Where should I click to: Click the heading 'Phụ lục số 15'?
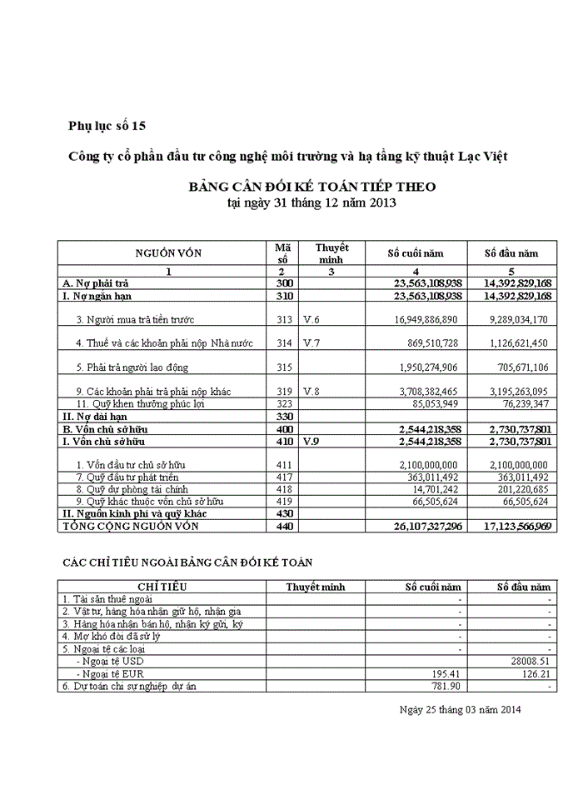pos(107,127)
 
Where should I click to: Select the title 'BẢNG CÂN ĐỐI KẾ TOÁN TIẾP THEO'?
pos(311,187)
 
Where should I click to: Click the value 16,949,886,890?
pos(422,319)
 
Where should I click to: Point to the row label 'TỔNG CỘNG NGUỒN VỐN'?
pos(132,527)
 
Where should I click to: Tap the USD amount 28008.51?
pos(530,661)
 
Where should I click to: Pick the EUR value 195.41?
pos(446,673)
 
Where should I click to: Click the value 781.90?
pos(446,686)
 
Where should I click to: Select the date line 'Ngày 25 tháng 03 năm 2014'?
pos(460,710)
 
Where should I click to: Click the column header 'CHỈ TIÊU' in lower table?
pos(164,587)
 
